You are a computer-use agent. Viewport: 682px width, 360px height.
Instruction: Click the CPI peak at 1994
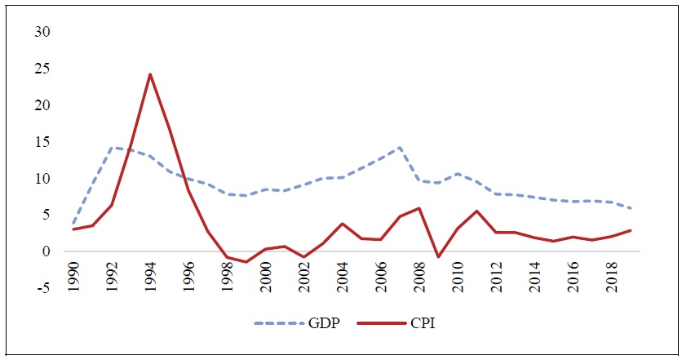coord(149,74)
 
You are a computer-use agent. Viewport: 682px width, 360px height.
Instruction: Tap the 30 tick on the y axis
coord(42,33)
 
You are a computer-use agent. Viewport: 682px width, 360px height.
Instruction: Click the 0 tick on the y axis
coord(46,251)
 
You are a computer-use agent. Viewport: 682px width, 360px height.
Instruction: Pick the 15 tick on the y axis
coord(42,142)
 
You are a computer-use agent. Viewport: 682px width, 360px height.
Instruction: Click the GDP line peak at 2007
coord(399,148)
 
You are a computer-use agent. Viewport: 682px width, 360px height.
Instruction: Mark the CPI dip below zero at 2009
coord(438,257)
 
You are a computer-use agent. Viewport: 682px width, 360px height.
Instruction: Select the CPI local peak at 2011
coord(476,211)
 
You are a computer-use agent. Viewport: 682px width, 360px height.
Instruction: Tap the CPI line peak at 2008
coord(418,208)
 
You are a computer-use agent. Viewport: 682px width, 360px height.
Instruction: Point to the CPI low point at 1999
coord(246,262)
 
